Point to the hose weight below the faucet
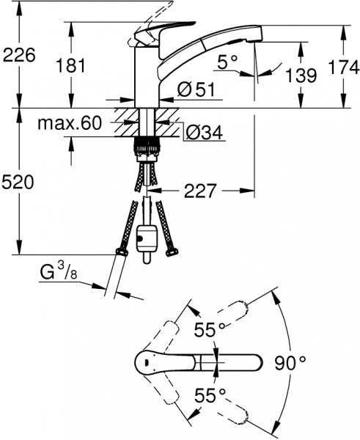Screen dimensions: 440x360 (x=147, y=240)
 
